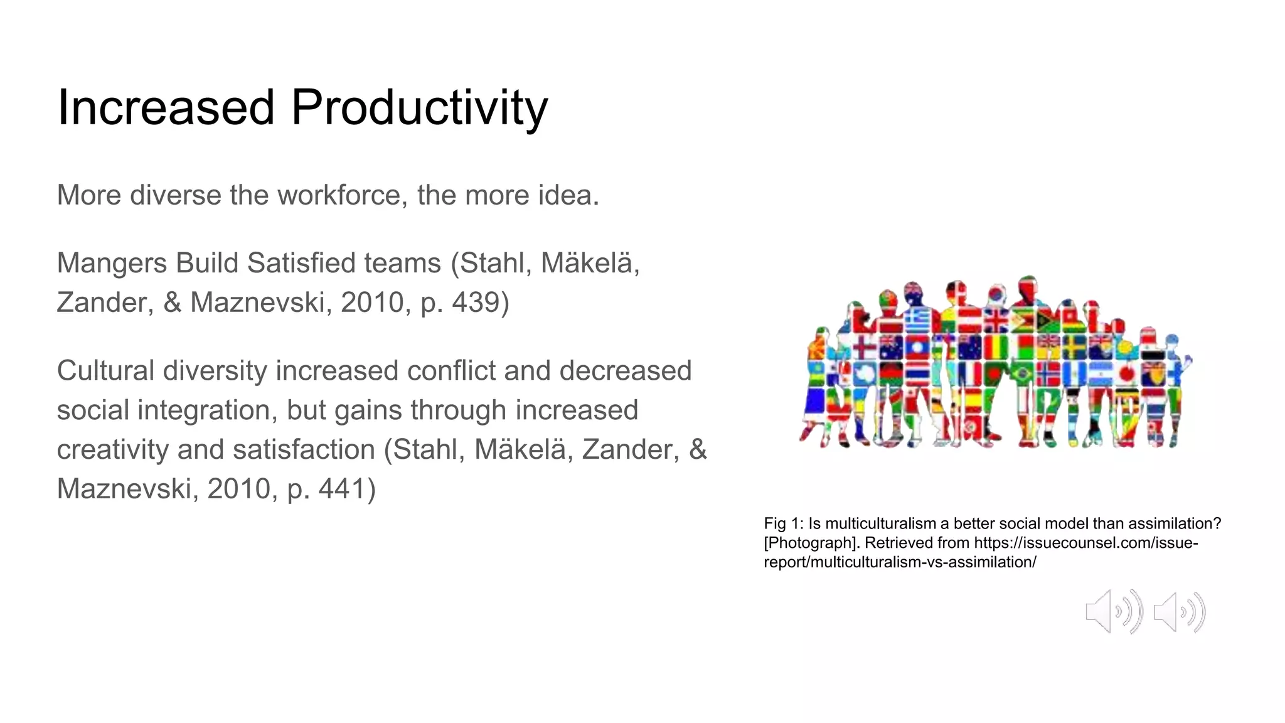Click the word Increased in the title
(166, 108)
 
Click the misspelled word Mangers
(112, 264)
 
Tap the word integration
(207, 410)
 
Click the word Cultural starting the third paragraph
(105, 370)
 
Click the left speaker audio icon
(1114, 611)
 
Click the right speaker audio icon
(1180, 612)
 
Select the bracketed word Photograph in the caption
(810, 543)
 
